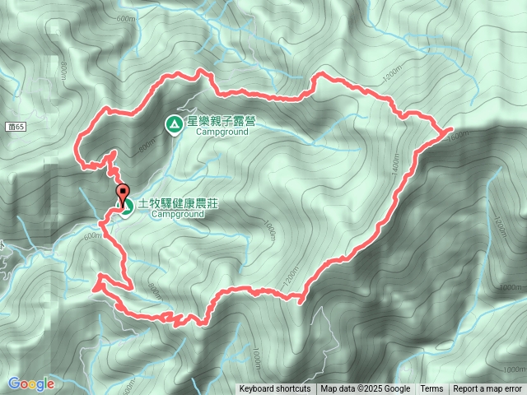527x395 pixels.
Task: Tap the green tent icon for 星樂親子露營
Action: [174, 125]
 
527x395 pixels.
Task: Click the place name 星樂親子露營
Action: [221, 121]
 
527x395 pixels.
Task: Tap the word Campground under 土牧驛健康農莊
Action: [177, 214]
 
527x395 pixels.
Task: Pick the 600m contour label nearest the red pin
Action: [92, 235]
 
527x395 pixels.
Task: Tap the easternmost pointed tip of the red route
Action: [451, 129]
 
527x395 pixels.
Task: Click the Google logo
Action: [31, 383]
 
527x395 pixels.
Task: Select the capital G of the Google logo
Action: [14, 383]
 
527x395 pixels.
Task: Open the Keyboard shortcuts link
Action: [275, 389]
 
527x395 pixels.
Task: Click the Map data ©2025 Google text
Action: [366, 389]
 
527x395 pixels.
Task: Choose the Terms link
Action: [431, 389]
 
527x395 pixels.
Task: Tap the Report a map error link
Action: [487, 389]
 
